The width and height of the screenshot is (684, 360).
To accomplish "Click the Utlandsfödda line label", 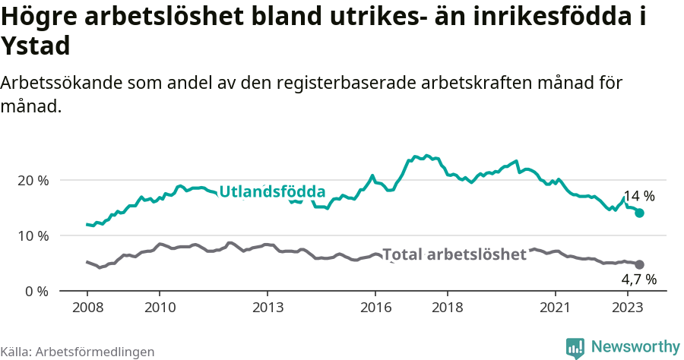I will (272, 192).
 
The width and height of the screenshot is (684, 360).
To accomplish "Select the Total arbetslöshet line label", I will (454, 254).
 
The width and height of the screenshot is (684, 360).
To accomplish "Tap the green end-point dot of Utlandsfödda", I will (639, 213).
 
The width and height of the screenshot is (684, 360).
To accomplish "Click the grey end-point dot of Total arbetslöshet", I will (639, 264).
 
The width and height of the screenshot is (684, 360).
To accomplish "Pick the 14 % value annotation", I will (638, 197).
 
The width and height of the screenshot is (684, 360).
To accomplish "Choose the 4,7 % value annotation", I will (638, 280).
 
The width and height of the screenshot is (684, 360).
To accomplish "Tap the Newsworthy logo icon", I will (575, 347).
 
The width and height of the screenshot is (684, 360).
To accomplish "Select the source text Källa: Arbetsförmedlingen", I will (78, 352).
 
